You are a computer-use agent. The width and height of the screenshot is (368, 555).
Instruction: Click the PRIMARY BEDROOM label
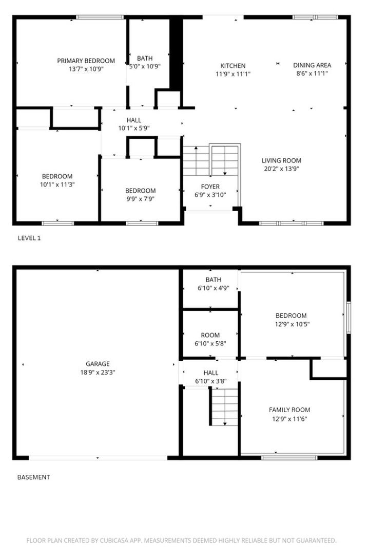pyautogui.click(x=86, y=61)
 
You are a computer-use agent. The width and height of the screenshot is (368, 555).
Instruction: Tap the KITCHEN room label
pyautogui.click(x=233, y=66)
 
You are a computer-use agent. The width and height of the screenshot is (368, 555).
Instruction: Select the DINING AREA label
pyautogui.click(x=312, y=65)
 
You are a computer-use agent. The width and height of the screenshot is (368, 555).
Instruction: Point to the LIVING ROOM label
pyautogui.click(x=281, y=160)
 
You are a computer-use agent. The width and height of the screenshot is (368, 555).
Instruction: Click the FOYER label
pyautogui.click(x=210, y=187)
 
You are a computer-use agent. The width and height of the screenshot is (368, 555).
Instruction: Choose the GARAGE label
pyautogui.click(x=98, y=364)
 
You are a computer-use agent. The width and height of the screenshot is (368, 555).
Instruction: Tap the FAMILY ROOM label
pyautogui.click(x=289, y=410)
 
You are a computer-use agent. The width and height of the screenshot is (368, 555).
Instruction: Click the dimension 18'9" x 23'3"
pyautogui.click(x=98, y=373)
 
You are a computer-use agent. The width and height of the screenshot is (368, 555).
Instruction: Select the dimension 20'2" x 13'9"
pyautogui.click(x=281, y=169)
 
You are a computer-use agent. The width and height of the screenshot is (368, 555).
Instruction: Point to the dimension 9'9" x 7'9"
pyautogui.click(x=140, y=199)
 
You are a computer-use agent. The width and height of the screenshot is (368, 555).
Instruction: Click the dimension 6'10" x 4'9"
pyautogui.click(x=213, y=288)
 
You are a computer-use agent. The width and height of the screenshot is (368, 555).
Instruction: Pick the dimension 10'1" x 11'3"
pyautogui.click(x=57, y=184)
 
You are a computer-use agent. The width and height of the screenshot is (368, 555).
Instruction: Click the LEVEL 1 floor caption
pyautogui.click(x=29, y=238)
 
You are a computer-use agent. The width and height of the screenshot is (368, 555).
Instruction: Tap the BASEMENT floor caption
pyautogui.click(x=33, y=477)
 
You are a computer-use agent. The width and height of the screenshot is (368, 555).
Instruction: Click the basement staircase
pyautogui.click(x=224, y=406)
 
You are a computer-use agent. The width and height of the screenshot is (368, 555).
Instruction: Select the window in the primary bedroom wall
pyautogui.click(x=100, y=17)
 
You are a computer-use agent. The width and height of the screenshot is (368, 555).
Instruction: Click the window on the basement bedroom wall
pyautogui.click(x=348, y=318)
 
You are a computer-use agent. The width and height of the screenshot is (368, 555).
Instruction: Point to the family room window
pyautogui.click(x=289, y=458)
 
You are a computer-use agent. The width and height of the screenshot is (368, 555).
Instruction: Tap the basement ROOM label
pyautogui.click(x=210, y=335)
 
